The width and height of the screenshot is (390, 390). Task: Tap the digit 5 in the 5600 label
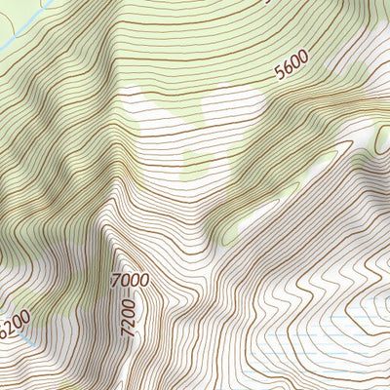[281, 73]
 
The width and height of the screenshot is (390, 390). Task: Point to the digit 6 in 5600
[289, 69]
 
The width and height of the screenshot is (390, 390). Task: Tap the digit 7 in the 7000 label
[117, 282]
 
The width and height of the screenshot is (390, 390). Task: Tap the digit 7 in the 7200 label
[127, 332]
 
